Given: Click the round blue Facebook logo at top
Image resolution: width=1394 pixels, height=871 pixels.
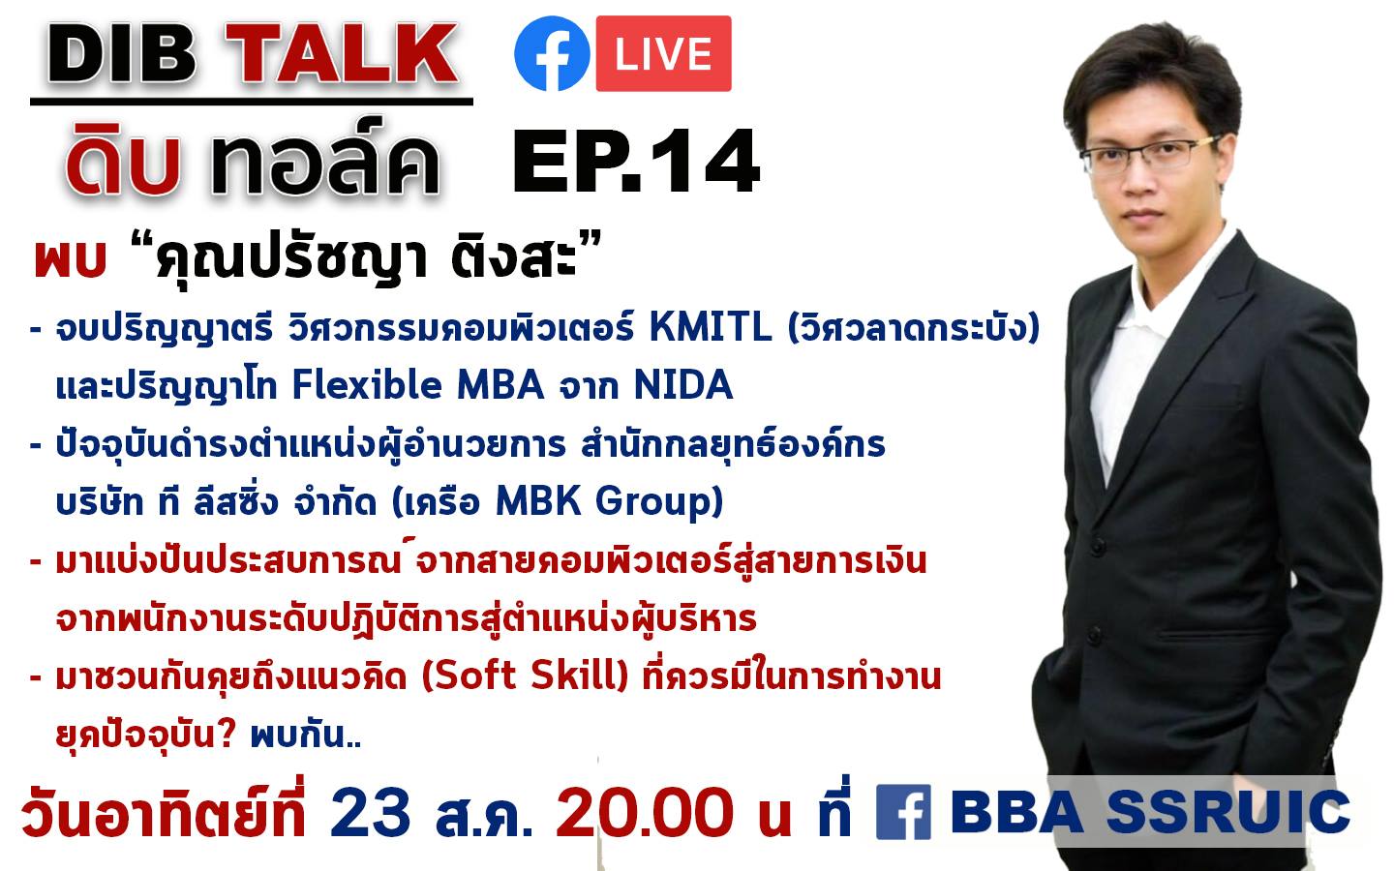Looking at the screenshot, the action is (552, 53).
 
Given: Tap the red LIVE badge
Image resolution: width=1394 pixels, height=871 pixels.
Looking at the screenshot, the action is (663, 53).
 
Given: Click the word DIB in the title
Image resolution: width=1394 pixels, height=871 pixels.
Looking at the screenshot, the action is (122, 54).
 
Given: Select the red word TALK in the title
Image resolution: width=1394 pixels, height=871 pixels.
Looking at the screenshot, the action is (342, 54).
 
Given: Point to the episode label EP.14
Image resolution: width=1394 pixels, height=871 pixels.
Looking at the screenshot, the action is (635, 161).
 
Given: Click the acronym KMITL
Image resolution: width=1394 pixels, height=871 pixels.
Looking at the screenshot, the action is (711, 327).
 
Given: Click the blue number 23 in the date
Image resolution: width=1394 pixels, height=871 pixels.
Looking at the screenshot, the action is (371, 812).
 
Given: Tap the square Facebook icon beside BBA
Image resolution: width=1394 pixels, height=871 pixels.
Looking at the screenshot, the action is (903, 812).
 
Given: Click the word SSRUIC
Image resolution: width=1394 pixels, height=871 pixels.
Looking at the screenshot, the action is (1227, 811).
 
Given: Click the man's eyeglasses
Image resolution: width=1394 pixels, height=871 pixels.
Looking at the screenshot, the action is (1151, 154).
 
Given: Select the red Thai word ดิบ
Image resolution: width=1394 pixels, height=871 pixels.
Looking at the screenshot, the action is (125, 162).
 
